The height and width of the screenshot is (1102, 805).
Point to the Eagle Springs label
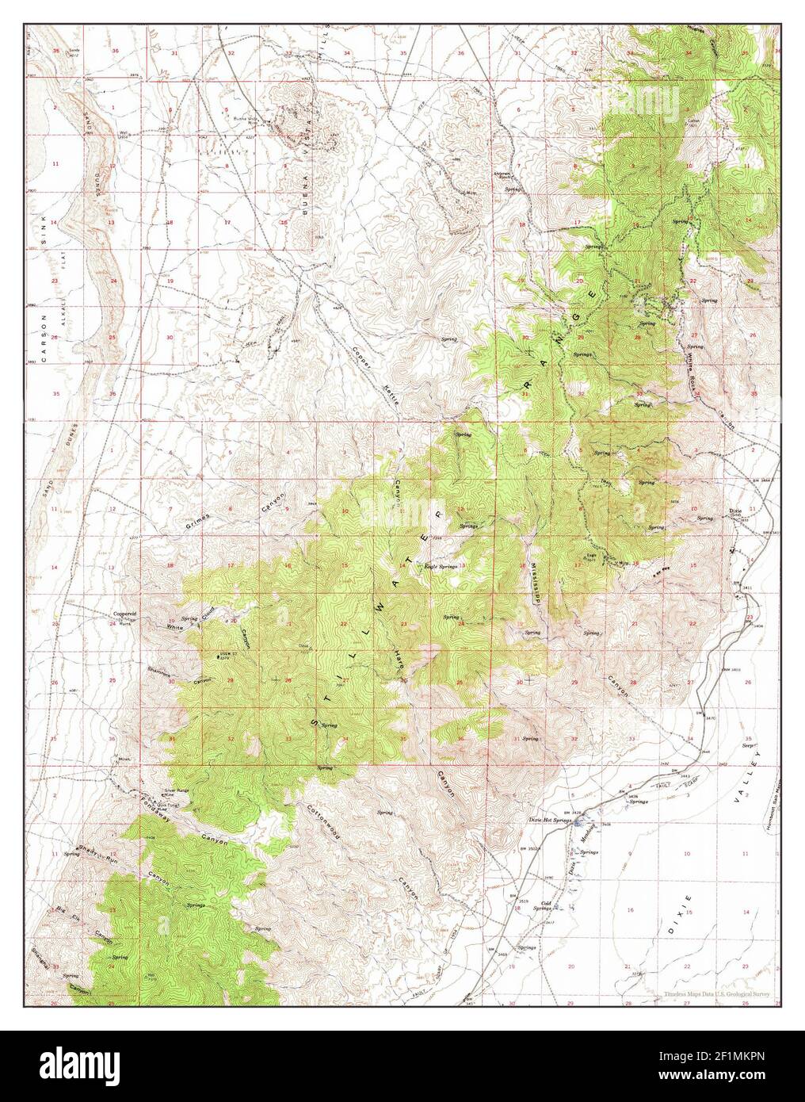[x=441, y=567]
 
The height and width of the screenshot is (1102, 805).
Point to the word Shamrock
[x=159, y=671]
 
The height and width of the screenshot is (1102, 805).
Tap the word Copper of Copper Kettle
[x=361, y=356]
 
